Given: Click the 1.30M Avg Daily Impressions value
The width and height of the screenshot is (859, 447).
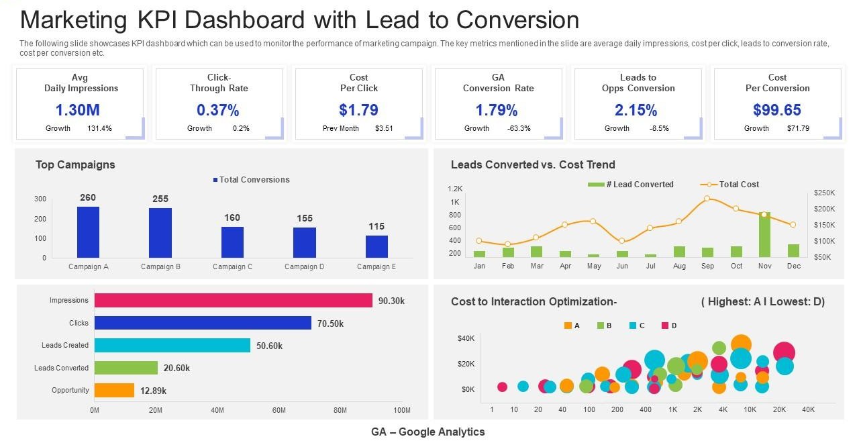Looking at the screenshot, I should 77,110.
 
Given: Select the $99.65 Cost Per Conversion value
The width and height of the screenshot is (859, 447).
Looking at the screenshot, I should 777,110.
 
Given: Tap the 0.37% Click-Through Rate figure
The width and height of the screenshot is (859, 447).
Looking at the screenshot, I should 217,110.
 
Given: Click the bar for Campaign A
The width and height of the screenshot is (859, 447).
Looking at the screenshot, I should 88,232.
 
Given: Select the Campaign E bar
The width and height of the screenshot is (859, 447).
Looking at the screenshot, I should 376,246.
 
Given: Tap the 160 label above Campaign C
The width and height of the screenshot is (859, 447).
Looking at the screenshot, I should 232,217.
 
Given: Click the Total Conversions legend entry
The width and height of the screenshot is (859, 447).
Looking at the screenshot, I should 251,180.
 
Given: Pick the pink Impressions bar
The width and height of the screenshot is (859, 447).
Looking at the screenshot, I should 233,301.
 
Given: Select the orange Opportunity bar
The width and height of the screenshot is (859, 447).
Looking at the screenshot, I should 114,390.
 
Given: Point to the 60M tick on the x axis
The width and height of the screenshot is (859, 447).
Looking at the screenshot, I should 279,410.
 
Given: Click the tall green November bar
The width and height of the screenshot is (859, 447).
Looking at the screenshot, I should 764,235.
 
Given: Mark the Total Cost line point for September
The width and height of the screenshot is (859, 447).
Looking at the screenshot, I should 707,199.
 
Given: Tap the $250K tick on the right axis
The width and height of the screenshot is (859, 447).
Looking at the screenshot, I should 824,193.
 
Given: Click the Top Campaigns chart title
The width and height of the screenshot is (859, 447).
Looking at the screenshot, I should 75,165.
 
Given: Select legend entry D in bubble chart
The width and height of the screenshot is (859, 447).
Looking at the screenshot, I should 669,326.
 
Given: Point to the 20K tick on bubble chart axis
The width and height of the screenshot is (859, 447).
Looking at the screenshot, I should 778,409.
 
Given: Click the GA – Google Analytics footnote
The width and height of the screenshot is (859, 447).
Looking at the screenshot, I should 428,432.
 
